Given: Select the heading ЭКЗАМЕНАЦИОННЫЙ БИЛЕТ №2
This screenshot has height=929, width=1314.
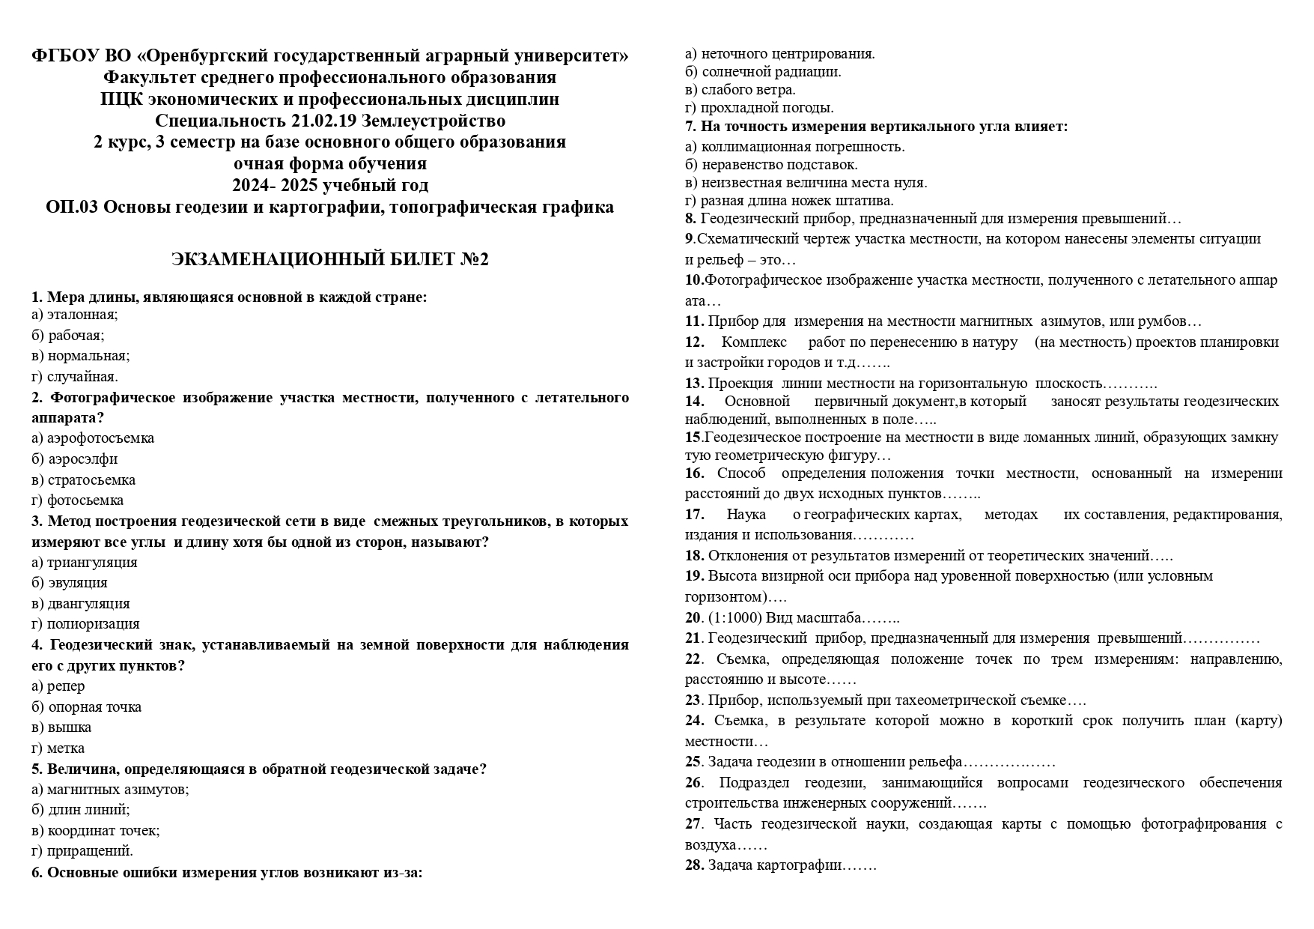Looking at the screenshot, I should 329,259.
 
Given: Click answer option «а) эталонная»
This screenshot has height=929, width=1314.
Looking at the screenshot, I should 75,315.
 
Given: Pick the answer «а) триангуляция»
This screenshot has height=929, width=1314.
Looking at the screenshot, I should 85,562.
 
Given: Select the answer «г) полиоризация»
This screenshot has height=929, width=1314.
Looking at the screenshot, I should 85,623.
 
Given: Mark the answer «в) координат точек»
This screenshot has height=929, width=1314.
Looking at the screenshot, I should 96,830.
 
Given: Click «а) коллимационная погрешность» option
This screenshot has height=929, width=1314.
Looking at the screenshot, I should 794,147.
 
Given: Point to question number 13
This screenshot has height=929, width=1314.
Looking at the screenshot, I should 694,384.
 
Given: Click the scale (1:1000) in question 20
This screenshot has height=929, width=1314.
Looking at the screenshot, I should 734,618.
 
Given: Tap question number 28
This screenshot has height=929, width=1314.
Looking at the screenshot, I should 694,865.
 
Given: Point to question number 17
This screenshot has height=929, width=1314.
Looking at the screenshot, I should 694,515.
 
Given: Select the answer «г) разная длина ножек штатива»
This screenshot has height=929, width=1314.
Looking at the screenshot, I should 789,201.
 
